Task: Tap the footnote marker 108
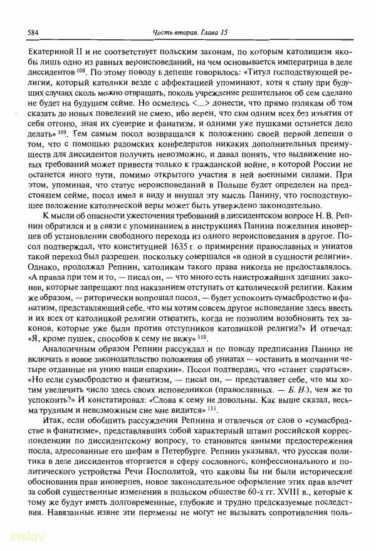[64, 69]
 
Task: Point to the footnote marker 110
[201, 336]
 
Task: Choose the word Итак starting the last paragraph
[55, 420]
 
